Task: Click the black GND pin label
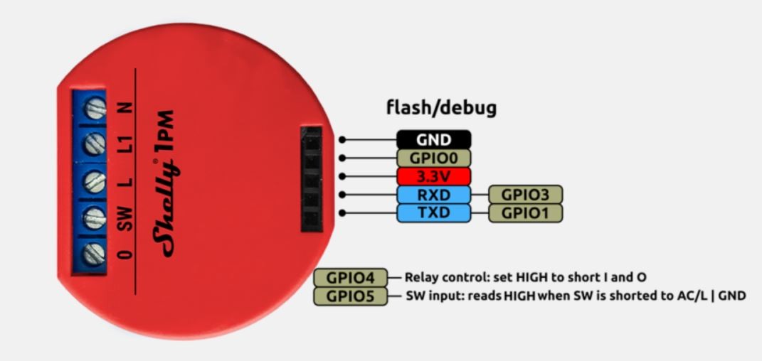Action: click(x=434, y=140)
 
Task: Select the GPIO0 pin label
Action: click(x=434, y=158)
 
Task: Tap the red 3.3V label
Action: click(x=434, y=176)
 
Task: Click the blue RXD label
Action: click(x=434, y=194)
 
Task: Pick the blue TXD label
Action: click(x=434, y=212)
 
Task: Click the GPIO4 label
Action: click(x=349, y=276)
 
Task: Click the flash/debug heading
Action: click(x=441, y=107)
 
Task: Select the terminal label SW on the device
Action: click(x=125, y=222)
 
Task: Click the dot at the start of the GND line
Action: click(x=344, y=140)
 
